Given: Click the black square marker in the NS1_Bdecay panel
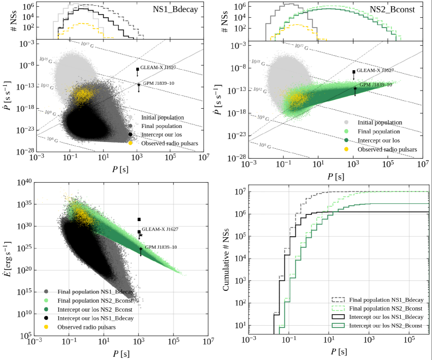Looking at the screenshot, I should tap(138, 69).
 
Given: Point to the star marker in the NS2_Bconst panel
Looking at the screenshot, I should tap(355, 88).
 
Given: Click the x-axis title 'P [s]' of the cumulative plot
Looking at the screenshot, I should tap(338, 352).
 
